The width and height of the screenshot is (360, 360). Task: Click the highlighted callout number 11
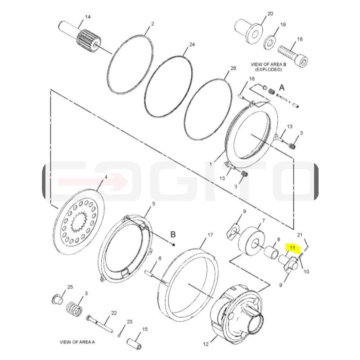tap(292, 248)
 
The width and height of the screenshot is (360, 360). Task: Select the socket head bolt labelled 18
tap(293, 55)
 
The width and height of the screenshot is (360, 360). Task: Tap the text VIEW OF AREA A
tap(77, 342)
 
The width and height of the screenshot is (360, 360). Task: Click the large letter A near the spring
tap(282, 87)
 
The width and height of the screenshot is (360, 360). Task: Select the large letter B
tap(173, 234)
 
